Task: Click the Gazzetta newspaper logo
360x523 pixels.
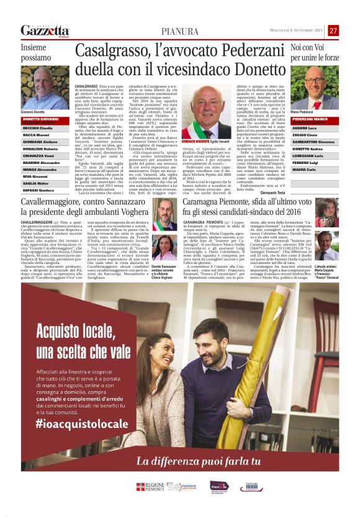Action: (45, 30)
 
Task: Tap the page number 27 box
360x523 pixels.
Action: (333, 30)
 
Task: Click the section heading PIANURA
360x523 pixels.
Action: (179, 31)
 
